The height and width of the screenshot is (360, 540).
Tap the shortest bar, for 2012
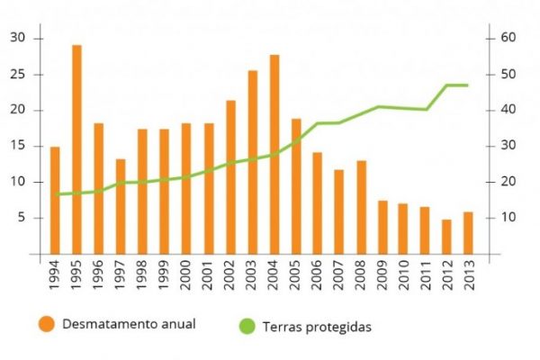(x=446, y=237)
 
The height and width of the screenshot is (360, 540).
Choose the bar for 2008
(x=360, y=207)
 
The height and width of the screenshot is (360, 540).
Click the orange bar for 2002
(x=230, y=176)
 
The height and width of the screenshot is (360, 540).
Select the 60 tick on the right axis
(x=506, y=38)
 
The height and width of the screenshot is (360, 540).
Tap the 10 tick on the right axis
(x=505, y=218)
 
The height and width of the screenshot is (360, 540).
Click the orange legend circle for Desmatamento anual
(x=45, y=324)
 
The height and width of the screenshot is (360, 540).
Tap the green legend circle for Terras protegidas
(x=249, y=325)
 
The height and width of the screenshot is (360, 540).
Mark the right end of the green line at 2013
(x=468, y=85)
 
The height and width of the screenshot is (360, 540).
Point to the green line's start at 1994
(x=56, y=194)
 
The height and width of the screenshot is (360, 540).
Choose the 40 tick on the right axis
(x=505, y=110)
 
